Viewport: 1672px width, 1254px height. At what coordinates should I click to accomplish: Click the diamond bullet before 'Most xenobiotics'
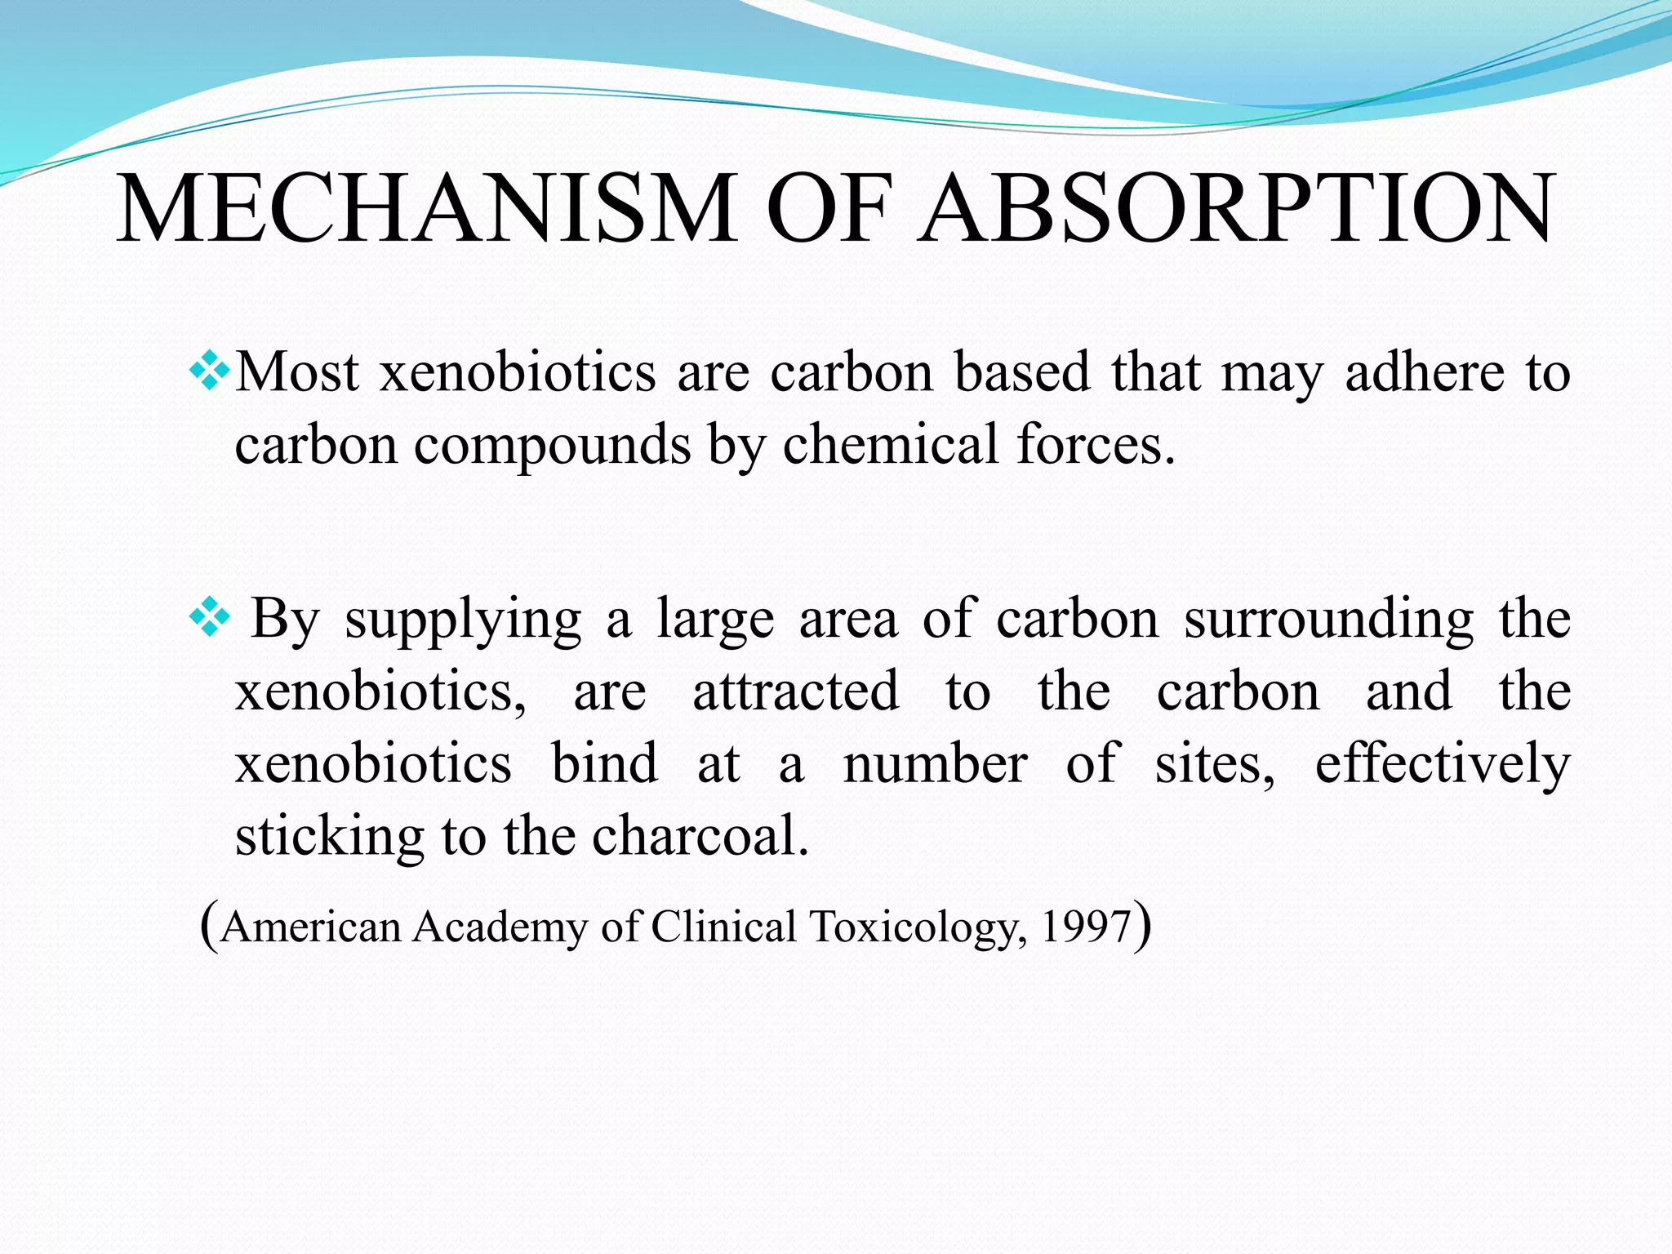point(209,372)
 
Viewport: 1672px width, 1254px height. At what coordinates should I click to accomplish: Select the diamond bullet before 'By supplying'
point(209,617)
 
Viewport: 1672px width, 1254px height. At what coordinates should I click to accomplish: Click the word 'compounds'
point(552,446)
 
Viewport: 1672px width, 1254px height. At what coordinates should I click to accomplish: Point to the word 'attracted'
point(796,691)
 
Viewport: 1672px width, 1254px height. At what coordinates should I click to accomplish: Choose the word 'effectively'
point(1443,764)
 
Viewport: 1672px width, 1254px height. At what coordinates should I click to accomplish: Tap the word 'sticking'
point(329,838)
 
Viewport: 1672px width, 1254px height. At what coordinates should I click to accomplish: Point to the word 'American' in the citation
point(311,927)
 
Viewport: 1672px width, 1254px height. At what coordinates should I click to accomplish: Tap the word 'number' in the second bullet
point(935,764)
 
